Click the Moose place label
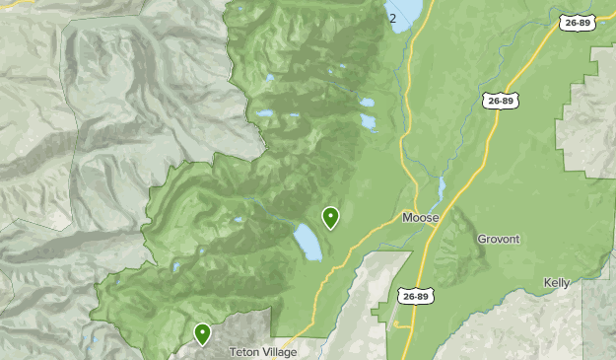point(420,217)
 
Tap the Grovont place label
point(498,239)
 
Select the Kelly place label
point(557,283)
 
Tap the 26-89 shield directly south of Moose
point(416,294)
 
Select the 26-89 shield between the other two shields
point(501,101)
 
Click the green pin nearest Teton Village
point(202,333)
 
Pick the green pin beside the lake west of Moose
point(330,216)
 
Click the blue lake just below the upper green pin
point(308,242)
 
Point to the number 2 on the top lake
point(392,18)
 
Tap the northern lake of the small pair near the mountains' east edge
point(366,103)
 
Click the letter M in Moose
point(407,217)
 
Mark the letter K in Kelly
point(547,283)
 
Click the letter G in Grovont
point(482,239)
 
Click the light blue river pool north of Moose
point(440,187)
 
